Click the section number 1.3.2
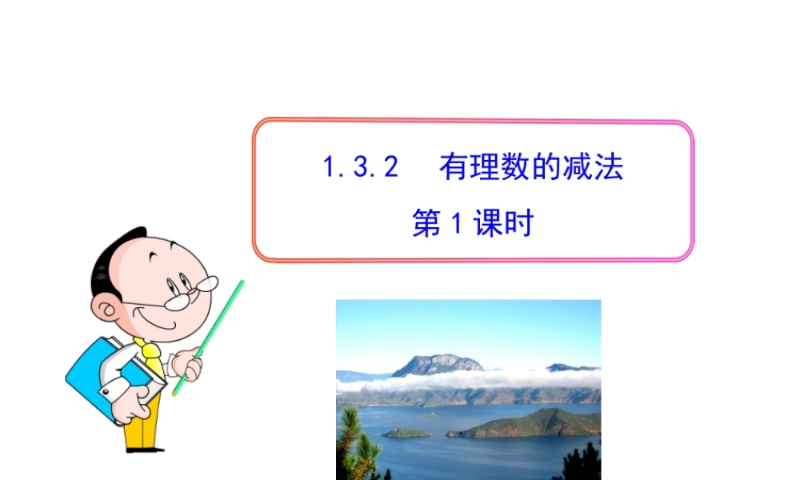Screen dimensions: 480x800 360,168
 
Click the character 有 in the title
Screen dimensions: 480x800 454,168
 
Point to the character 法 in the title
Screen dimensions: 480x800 610,168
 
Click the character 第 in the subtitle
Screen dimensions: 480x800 426,224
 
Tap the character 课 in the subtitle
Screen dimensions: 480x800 487,224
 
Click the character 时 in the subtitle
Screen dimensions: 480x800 518,224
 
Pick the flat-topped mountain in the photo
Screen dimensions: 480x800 438,365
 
